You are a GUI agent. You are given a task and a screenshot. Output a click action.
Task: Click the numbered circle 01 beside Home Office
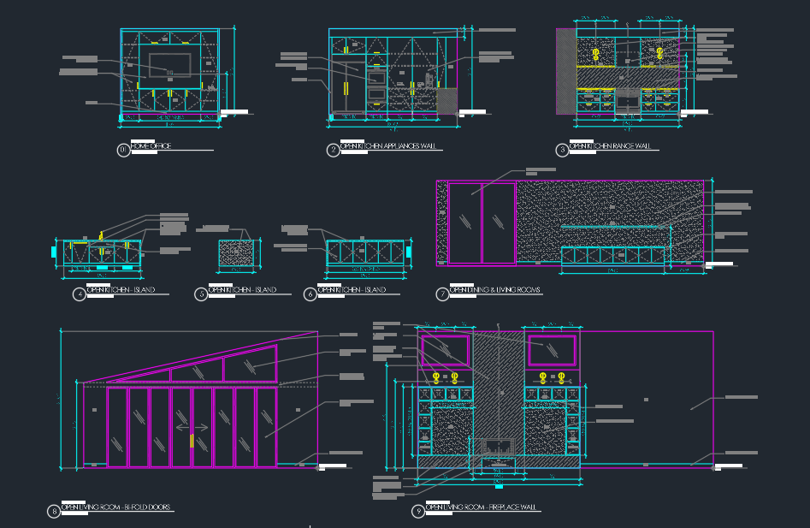pyautogui.click(x=123, y=150)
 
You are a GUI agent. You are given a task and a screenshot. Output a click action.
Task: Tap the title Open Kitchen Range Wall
pyautogui.click(x=610, y=146)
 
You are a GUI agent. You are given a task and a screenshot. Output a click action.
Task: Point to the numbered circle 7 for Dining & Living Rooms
pyautogui.click(x=442, y=294)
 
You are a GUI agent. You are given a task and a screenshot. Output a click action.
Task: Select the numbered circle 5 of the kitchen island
pyautogui.click(x=201, y=294)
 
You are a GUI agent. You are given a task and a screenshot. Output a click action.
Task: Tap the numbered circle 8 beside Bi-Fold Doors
pyautogui.click(x=54, y=512)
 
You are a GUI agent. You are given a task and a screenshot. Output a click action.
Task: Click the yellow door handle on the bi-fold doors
pyautogui.click(x=191, y=442)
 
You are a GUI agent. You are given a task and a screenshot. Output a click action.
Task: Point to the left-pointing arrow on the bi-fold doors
pyautogui.click(x=180, y=427)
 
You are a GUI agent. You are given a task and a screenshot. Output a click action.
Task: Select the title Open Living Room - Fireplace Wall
pyautogui.click(x=482, y=507)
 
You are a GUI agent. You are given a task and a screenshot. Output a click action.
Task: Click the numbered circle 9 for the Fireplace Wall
pyautogui.click(x=418, y=512)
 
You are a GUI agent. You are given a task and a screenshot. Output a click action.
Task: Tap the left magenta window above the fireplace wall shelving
pyautogui.click(x=446, y=351)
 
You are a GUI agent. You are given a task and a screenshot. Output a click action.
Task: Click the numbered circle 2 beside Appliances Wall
pyautogui.click(x=333, y=151)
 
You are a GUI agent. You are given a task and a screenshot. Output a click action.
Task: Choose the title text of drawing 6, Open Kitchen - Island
pyautogui.click(x=351, y=290)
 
